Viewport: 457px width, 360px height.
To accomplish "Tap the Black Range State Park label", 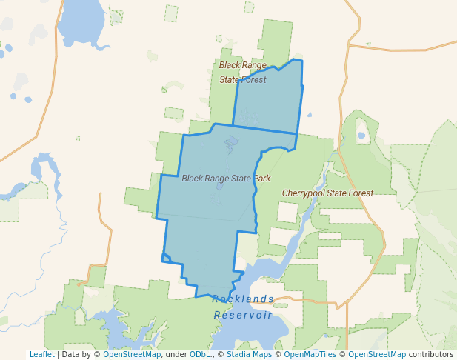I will click(x=226, y=179).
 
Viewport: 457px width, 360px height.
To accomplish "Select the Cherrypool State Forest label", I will click(x=327, y=193).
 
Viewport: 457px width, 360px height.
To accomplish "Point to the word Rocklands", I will click(x=243, y=299).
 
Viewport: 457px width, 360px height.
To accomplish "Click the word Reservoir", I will click(x=243, y=315).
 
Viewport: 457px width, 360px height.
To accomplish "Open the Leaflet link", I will click(x=41, y=355).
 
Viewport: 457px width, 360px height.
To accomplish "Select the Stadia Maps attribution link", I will click(x=248, y=355).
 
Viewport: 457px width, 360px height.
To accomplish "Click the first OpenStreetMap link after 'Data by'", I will click(x=132, y=355).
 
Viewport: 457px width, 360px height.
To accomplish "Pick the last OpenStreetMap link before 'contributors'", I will click(x=377, y=355).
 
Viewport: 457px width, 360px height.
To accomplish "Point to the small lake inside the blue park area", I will click(x=230, y=141).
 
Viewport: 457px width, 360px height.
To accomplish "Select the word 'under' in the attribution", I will click(x=176, y=355).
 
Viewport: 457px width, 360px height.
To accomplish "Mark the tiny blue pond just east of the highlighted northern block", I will click(x=309, y=115).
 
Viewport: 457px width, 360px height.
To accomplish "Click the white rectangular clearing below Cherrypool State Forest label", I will click(x=287, y=212).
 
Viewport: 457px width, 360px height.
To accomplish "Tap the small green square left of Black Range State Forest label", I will click(x=174, y=113).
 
